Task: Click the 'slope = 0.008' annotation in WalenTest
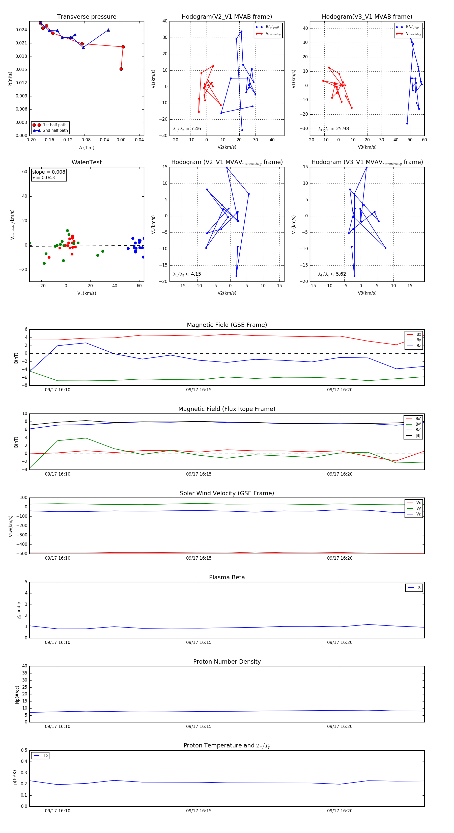click(x=48, y=172)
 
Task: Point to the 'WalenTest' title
click(x=87, y=162)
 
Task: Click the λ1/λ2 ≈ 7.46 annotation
click(x=187, y=129)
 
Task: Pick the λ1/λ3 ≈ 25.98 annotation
click(x=333, y=129)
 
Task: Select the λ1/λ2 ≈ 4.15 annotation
click(x=187, y=274)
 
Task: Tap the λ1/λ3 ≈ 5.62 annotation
click(x=332, y=274)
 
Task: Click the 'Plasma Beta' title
click(x=227, y=578)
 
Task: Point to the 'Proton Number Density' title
click(x=227, y=662)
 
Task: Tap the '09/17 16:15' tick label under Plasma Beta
click(x=199, y=642)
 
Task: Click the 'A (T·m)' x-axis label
click(x=87, y=148)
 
